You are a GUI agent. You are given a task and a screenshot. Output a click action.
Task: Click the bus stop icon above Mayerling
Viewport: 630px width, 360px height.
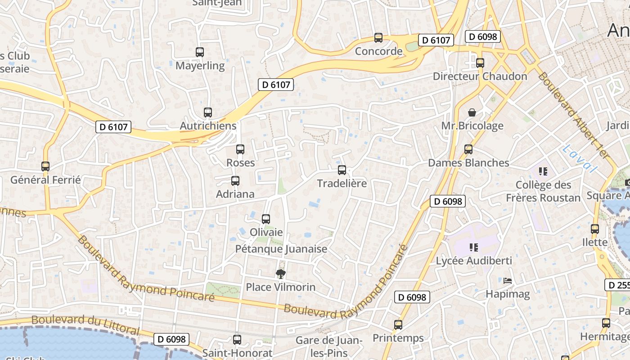coord(200,52)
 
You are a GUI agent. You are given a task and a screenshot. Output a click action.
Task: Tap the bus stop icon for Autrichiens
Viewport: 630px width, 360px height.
coord(207,112)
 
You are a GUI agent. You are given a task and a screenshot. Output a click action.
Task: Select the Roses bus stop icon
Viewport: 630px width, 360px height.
coord(240,149)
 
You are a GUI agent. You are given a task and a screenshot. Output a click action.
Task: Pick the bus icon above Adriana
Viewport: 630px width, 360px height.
coord(235,181)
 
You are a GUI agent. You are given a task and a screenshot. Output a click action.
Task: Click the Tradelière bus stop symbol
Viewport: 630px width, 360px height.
coord(342,170)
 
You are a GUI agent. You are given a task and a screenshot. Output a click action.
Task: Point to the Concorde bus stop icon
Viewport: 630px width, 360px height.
coord(378,38)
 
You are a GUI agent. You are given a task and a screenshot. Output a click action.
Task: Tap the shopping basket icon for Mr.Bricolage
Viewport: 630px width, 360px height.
coord(472,112)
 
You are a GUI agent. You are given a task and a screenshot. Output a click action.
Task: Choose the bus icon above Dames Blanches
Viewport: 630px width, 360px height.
coord(468,149)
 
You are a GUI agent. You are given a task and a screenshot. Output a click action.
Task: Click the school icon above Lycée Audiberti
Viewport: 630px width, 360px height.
coord(473,247)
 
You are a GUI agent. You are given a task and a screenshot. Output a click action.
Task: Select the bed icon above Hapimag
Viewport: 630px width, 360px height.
coord(508,281)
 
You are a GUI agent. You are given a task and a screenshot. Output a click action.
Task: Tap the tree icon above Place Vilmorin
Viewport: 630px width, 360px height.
coord(281,274)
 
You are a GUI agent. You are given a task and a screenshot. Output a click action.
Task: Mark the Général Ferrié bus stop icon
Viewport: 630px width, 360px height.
coord(45,166)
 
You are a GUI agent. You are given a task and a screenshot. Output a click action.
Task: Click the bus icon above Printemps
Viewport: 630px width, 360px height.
coord(398,324)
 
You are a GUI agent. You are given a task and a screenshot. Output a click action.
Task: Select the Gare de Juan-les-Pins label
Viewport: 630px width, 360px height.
coord(329,346)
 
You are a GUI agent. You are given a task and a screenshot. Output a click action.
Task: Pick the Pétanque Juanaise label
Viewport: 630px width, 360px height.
coord(281,249)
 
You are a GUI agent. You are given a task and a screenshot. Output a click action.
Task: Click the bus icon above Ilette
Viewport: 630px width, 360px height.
coord(595,229)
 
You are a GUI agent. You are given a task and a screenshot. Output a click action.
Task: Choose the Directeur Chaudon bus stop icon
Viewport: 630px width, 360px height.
coord(480,63)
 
